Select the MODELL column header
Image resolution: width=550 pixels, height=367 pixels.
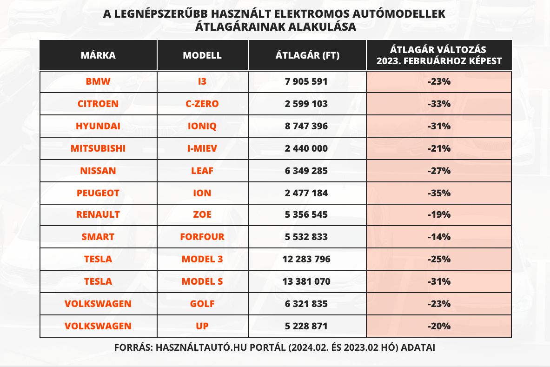[202, 55]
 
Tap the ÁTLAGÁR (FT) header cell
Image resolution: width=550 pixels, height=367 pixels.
[307, 55]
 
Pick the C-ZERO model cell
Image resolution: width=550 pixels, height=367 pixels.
[202, 104]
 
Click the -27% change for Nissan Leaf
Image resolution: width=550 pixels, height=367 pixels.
[439, 171]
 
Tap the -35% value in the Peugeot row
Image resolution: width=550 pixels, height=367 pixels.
[439, 193]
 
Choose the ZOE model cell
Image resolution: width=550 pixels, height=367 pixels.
[202, 214]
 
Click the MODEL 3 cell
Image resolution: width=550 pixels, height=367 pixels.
[202, 259]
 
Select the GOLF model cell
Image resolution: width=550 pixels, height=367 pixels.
[202, 304]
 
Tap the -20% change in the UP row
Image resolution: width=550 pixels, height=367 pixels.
[439, 326]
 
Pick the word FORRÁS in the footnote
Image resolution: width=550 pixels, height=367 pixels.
[131, 348]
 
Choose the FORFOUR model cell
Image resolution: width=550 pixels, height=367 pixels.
[202, 237]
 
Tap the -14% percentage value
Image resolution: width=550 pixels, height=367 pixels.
[439, 237]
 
